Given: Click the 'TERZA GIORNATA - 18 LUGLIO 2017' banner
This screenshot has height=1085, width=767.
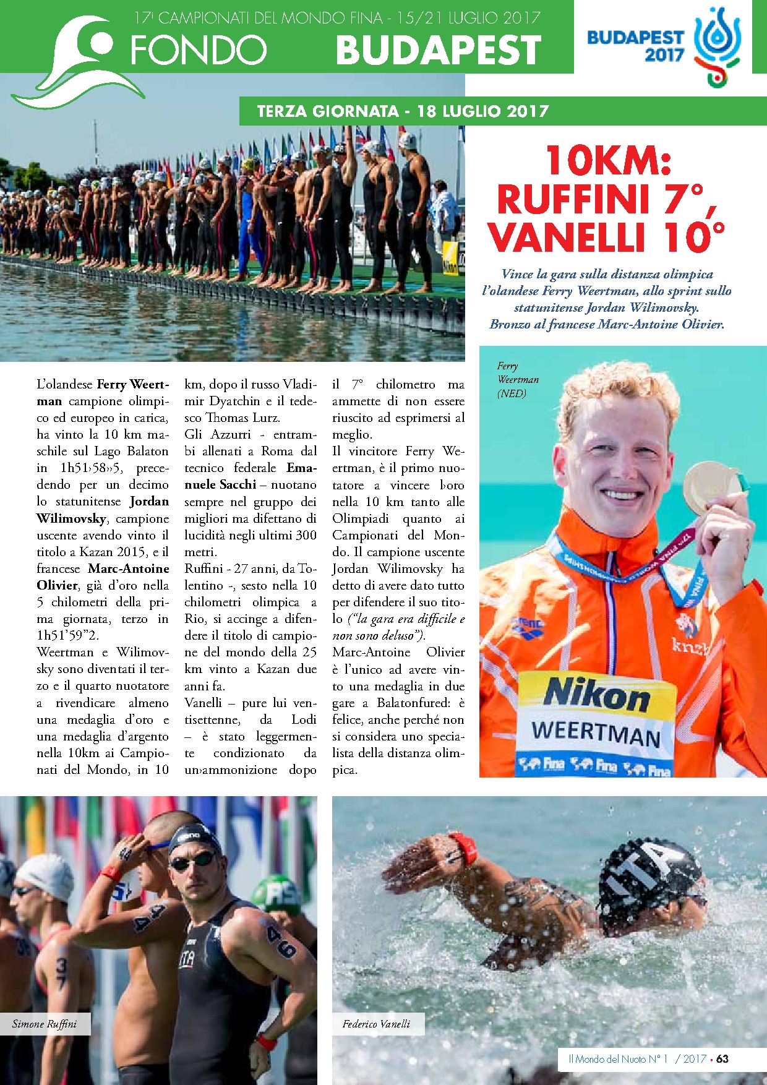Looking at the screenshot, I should coord(403,111).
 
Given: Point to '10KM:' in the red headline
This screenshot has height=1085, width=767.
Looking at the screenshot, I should coord(608,161).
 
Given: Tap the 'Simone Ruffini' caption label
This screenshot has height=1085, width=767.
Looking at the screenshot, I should coord(45,1024).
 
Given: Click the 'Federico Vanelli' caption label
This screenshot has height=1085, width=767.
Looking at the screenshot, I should coord(376,1024).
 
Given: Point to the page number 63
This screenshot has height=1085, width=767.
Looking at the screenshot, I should coord(722,1059).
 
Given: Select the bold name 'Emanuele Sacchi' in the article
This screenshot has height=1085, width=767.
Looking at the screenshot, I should coord(251,476).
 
